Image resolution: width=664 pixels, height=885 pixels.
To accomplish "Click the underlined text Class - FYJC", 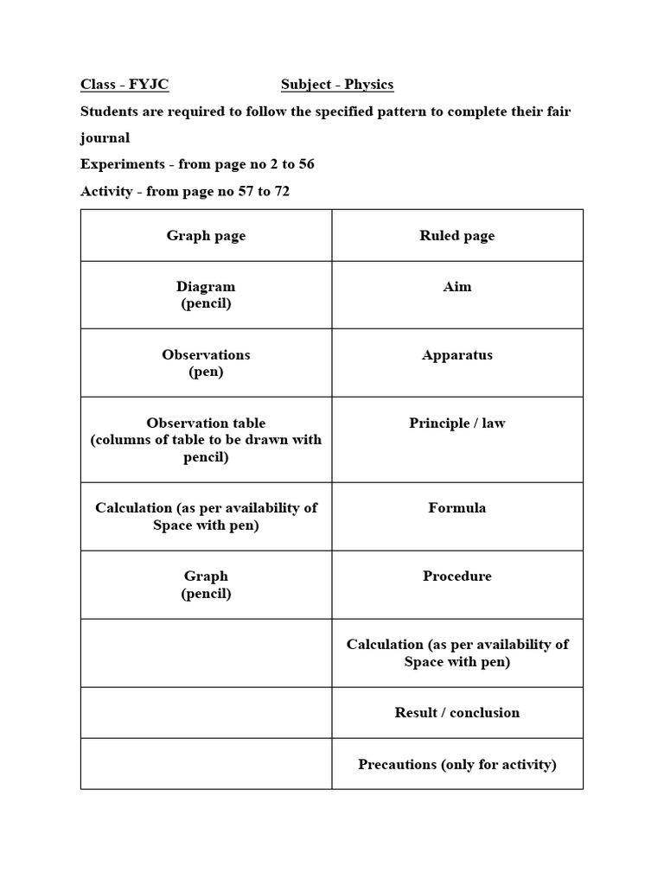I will click(124, 85).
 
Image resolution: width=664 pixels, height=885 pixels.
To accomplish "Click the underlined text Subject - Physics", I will click(337, 85).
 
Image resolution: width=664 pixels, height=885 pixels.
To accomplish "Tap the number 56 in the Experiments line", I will click(305, 164).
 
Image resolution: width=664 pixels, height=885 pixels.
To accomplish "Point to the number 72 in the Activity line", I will click(280, 191).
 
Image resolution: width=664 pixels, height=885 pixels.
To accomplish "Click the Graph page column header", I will click(206, 236).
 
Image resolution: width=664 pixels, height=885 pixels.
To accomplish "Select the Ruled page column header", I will click(456, 236).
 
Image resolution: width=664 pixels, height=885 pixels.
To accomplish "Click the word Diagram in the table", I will click(206, 287).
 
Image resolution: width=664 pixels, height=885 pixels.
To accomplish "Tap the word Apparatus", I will click(456, 355).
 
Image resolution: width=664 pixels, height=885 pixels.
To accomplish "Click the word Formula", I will click(456, 508).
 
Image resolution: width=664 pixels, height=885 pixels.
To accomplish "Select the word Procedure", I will click(456, 576).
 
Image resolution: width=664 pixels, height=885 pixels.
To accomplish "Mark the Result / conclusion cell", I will click(456, 713).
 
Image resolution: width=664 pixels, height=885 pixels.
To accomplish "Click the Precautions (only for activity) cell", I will click(456, 764).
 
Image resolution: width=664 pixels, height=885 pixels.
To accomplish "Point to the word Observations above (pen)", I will click(206, 355).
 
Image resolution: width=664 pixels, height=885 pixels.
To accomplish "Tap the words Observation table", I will click(206, 423).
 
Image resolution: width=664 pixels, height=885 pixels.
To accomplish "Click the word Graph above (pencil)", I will click(206, 576).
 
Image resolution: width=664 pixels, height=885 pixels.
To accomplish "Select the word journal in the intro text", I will click(105, 138).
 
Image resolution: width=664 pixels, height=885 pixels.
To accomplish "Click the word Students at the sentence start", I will click(110, 111).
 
